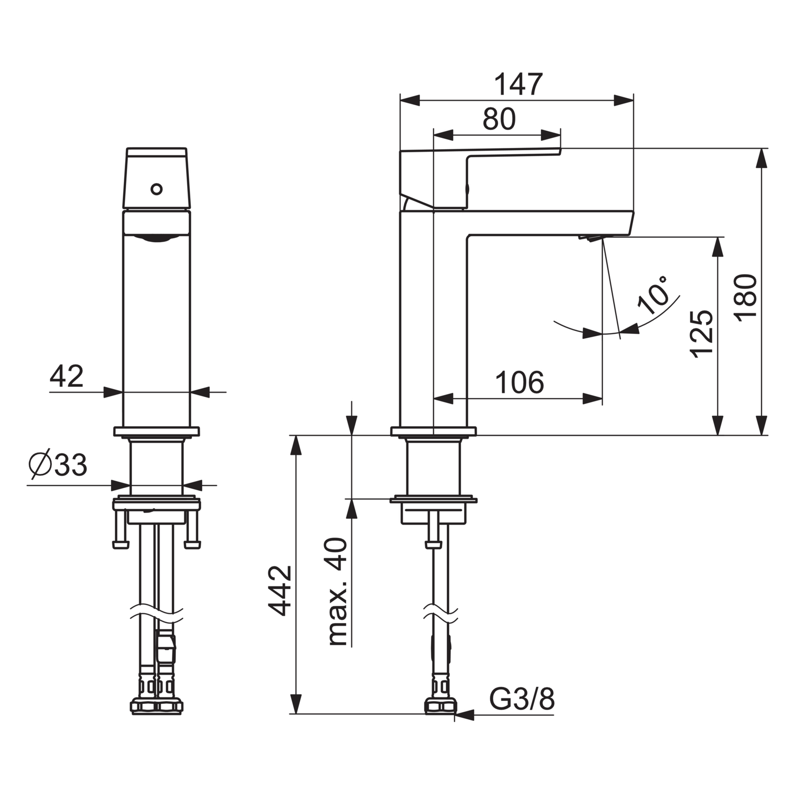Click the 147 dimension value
[x=518, y=84]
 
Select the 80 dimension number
[x=499, y=119]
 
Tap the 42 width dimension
[x=66, y=376]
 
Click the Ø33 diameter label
[x=58, y=465]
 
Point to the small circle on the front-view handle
[x=156, y=189]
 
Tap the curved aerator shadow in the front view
[x=156, y=238]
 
